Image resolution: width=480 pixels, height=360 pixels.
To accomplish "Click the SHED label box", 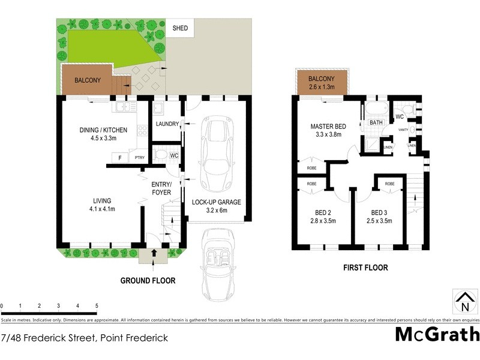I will (180, 28).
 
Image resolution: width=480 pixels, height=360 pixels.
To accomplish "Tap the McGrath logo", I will (437, 334).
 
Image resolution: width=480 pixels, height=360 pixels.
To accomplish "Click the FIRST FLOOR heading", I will (365, 268).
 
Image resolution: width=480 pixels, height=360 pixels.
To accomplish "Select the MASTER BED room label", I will (328, 127).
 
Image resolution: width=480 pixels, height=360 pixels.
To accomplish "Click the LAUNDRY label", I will (167, 124).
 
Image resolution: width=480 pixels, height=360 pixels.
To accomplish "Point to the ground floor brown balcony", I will (87, 80).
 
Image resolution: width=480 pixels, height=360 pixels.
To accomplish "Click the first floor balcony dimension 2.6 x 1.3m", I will (322, 87).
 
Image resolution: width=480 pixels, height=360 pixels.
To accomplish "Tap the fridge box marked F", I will (121, 158).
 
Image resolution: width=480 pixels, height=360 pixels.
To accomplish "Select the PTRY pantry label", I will (139, 158).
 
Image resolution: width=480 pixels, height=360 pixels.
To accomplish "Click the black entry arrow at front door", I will (154, 253).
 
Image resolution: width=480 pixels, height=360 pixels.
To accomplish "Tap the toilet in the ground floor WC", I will (159, 155).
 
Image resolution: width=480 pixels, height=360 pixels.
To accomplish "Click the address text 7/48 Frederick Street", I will (84, 338).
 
